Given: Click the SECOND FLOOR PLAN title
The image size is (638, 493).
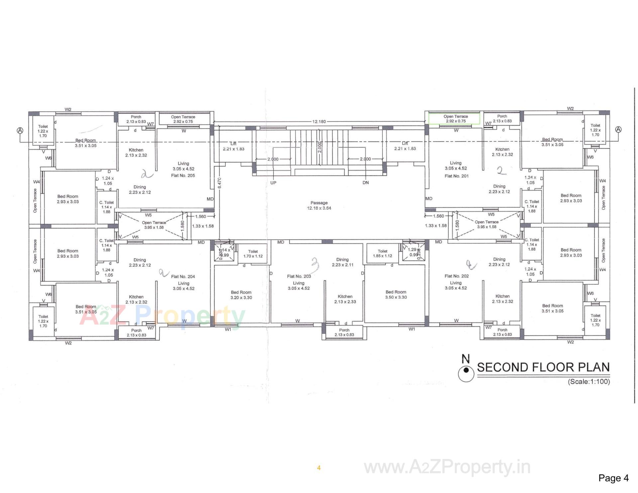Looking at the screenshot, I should pyautogui.click(x=543, y=367).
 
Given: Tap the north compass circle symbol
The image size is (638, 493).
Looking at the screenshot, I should pyautogui.click(x=466, y=374).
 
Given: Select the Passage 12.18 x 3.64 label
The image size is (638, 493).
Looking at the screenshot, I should pyautogui.click(x=319, y=205).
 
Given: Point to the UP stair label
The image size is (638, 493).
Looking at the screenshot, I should pyautogui.click(x=273, y=183).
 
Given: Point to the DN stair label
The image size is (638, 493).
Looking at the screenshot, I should pyautogui.click(x=366, y=183).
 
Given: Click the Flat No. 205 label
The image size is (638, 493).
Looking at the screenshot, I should pyautogui.click(x=183, y=176).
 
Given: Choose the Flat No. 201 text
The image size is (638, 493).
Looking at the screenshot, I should pyautogui.click(x=457, y=176).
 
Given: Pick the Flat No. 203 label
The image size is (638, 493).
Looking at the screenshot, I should pyautogui.click(x=299, y=276).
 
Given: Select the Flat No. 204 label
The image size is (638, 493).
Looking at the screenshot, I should pyautogui.click(x=183, y=277).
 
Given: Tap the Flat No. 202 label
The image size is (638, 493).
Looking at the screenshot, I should pyautogui.click(x=457, y=276).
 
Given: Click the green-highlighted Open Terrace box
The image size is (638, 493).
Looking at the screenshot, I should pyautogui.click(x=454, y=119).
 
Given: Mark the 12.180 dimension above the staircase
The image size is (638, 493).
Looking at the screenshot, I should pyautogui.click(x=319, y=122).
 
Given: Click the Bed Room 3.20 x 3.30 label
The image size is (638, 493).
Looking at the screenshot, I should pyautogui.click(x=241, y=295).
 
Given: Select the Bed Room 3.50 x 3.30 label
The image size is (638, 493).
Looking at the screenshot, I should pyautogui.click(x=396, y=295).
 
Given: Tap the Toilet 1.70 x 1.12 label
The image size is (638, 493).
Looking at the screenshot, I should pyautogui.click(x=253, y=254).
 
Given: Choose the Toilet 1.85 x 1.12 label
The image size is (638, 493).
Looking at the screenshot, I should pyautogui.click(x=382, y=253).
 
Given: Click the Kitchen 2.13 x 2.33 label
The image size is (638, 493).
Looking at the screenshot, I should pyautogui.click(x=345, y=299).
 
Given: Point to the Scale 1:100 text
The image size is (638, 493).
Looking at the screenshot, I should pyautogui.click(x=589, y=382).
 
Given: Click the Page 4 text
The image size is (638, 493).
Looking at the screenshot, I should pyautogui.click(x=613, y=478).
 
